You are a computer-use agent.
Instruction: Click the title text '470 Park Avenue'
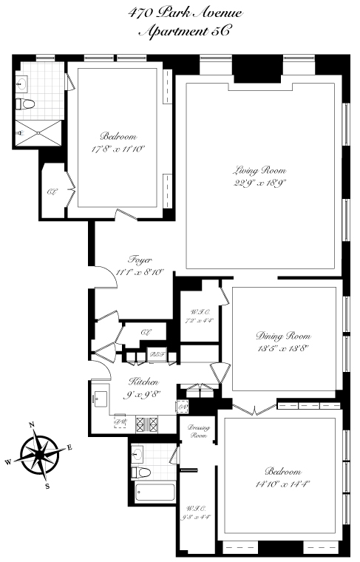click(180, 13)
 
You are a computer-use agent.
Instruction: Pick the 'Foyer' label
click(140, 260)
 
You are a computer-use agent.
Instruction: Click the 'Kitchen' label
click(143, 381)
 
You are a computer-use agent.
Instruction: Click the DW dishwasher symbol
click(120, 421)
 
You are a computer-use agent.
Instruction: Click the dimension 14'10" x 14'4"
click(285, 484)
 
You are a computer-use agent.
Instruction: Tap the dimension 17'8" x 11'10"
click(118, 149)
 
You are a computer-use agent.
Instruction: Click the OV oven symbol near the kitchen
click(181, 407)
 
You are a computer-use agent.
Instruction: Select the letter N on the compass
click(32, 424)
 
